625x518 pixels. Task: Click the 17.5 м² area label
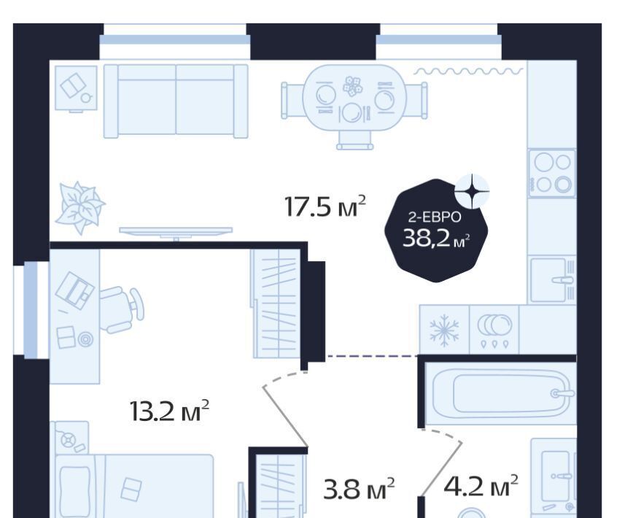point(325,206)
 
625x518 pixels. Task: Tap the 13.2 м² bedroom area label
point(169,411)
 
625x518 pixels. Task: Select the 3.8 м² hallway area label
point(359,489)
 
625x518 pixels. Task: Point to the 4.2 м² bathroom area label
point(481,486)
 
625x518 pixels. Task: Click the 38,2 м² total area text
point(436,239)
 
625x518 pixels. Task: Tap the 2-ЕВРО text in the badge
point(435,217)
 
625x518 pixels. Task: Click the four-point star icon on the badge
point(472,191)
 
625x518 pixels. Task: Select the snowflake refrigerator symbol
point(444,330)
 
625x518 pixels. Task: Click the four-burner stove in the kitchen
point(552,173)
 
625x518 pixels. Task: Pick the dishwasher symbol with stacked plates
point(494,330)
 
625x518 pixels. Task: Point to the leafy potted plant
point(79,207)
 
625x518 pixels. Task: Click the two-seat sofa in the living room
point(176,101)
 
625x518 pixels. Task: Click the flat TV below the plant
point(176,232)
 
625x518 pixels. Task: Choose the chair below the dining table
point(355,141)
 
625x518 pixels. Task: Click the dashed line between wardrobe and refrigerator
point(372,355)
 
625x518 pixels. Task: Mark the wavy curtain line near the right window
point(468,71)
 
